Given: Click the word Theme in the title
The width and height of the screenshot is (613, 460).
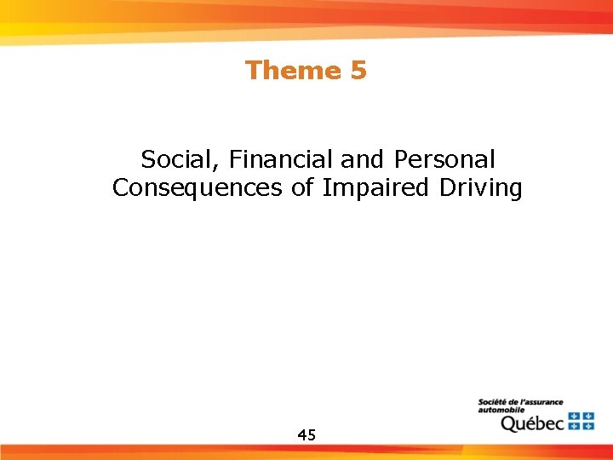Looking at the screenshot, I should (293, 70).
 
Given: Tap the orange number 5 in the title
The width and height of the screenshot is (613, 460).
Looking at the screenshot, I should (358, 70).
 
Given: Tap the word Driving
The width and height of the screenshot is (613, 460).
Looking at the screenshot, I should (481, 188).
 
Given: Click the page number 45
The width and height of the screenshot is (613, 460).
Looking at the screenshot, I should (306, 435).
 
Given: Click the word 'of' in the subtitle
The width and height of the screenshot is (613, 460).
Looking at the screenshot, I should (303, 188).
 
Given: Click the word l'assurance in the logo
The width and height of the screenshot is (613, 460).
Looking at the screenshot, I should (543, 402).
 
